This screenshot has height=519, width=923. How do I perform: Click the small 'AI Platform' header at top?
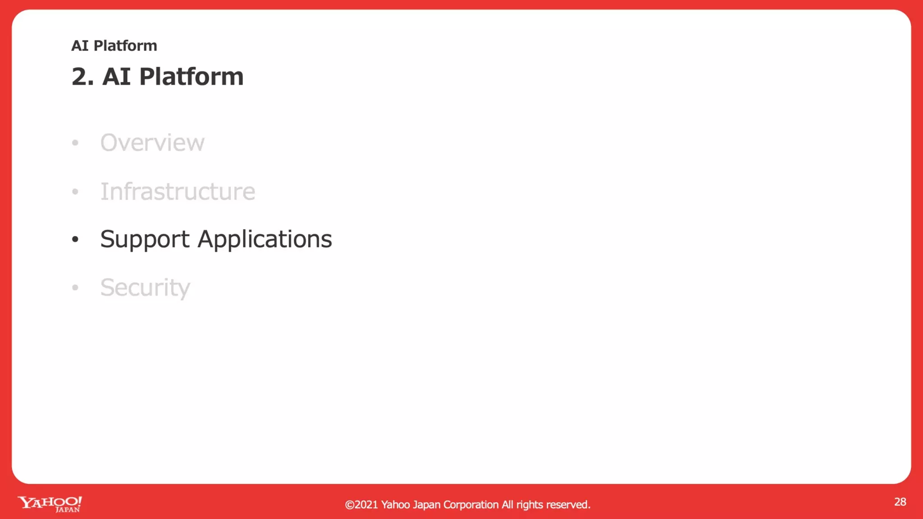(114, 46)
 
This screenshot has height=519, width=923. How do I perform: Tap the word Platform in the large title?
(191, 77)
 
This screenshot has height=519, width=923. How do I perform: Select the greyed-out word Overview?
(152, 143)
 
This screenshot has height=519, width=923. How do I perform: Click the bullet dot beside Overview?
(75, 143)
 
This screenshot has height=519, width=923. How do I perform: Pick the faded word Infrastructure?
(178, 191)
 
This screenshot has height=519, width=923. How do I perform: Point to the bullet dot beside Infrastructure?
(75, 192)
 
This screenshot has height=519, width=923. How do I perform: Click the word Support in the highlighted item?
(145, 239)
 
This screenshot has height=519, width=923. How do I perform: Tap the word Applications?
(265, 239)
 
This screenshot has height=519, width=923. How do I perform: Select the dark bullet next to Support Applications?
(75, 239)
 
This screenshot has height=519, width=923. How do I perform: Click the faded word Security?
(145, 288)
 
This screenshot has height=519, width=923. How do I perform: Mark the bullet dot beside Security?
(75, 287)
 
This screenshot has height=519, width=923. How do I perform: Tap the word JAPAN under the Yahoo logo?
(68, 510)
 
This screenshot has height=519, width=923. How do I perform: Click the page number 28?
(900, 502)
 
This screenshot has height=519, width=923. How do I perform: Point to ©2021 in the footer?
(361, 505)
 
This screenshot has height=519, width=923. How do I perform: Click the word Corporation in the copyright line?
(471, 505)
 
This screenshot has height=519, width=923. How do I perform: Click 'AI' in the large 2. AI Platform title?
(116, 77)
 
